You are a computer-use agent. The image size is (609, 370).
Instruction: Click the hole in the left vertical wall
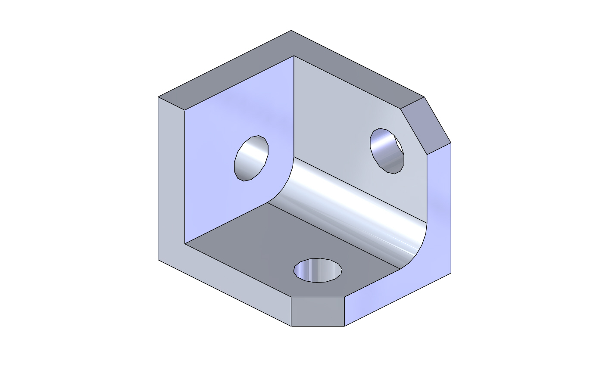pyautogui.click(x=251, y=158)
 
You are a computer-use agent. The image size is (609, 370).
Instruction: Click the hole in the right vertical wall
pyautogui.click(x=387, y=151)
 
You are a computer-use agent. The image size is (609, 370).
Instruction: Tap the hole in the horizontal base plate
pyautogui.click(x=318, y=271)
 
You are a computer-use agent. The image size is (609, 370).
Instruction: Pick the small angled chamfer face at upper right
pyautogui.click(x=426, y=125)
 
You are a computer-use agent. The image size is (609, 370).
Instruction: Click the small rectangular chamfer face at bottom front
pyautogui.click(x=318, y=311)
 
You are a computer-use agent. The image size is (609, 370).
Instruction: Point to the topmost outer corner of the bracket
pyautogui.click(x=291, y=31)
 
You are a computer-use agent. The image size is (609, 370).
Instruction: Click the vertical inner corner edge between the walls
pyautogui.click(x=294, y=108)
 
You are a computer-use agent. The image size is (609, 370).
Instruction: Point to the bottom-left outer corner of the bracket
pyautogui.click(x=158, y=260)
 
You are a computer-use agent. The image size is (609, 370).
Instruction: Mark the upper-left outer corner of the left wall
pyautogui.click(x=158, y=97)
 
